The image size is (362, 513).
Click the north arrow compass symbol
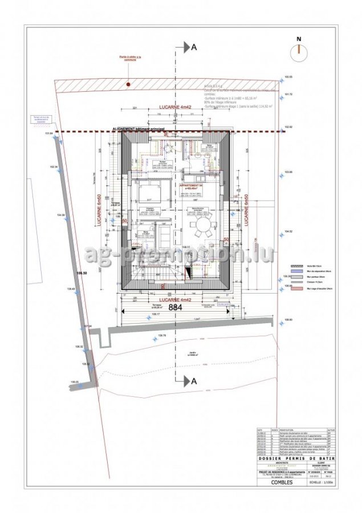(x=298, y=49)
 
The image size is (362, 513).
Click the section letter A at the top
(x=194, y=48)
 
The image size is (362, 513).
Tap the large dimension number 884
(x=175, y=307)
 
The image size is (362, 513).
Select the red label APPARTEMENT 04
(x=190, y=186)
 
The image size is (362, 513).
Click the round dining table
(x=203, y=231)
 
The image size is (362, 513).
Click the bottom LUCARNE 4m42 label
(x=175, y=299)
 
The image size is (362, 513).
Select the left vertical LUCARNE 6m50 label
(x=100, y=212)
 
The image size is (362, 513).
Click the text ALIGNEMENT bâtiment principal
(x=140, y=129)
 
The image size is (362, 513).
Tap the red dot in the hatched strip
(x=129, y=84)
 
